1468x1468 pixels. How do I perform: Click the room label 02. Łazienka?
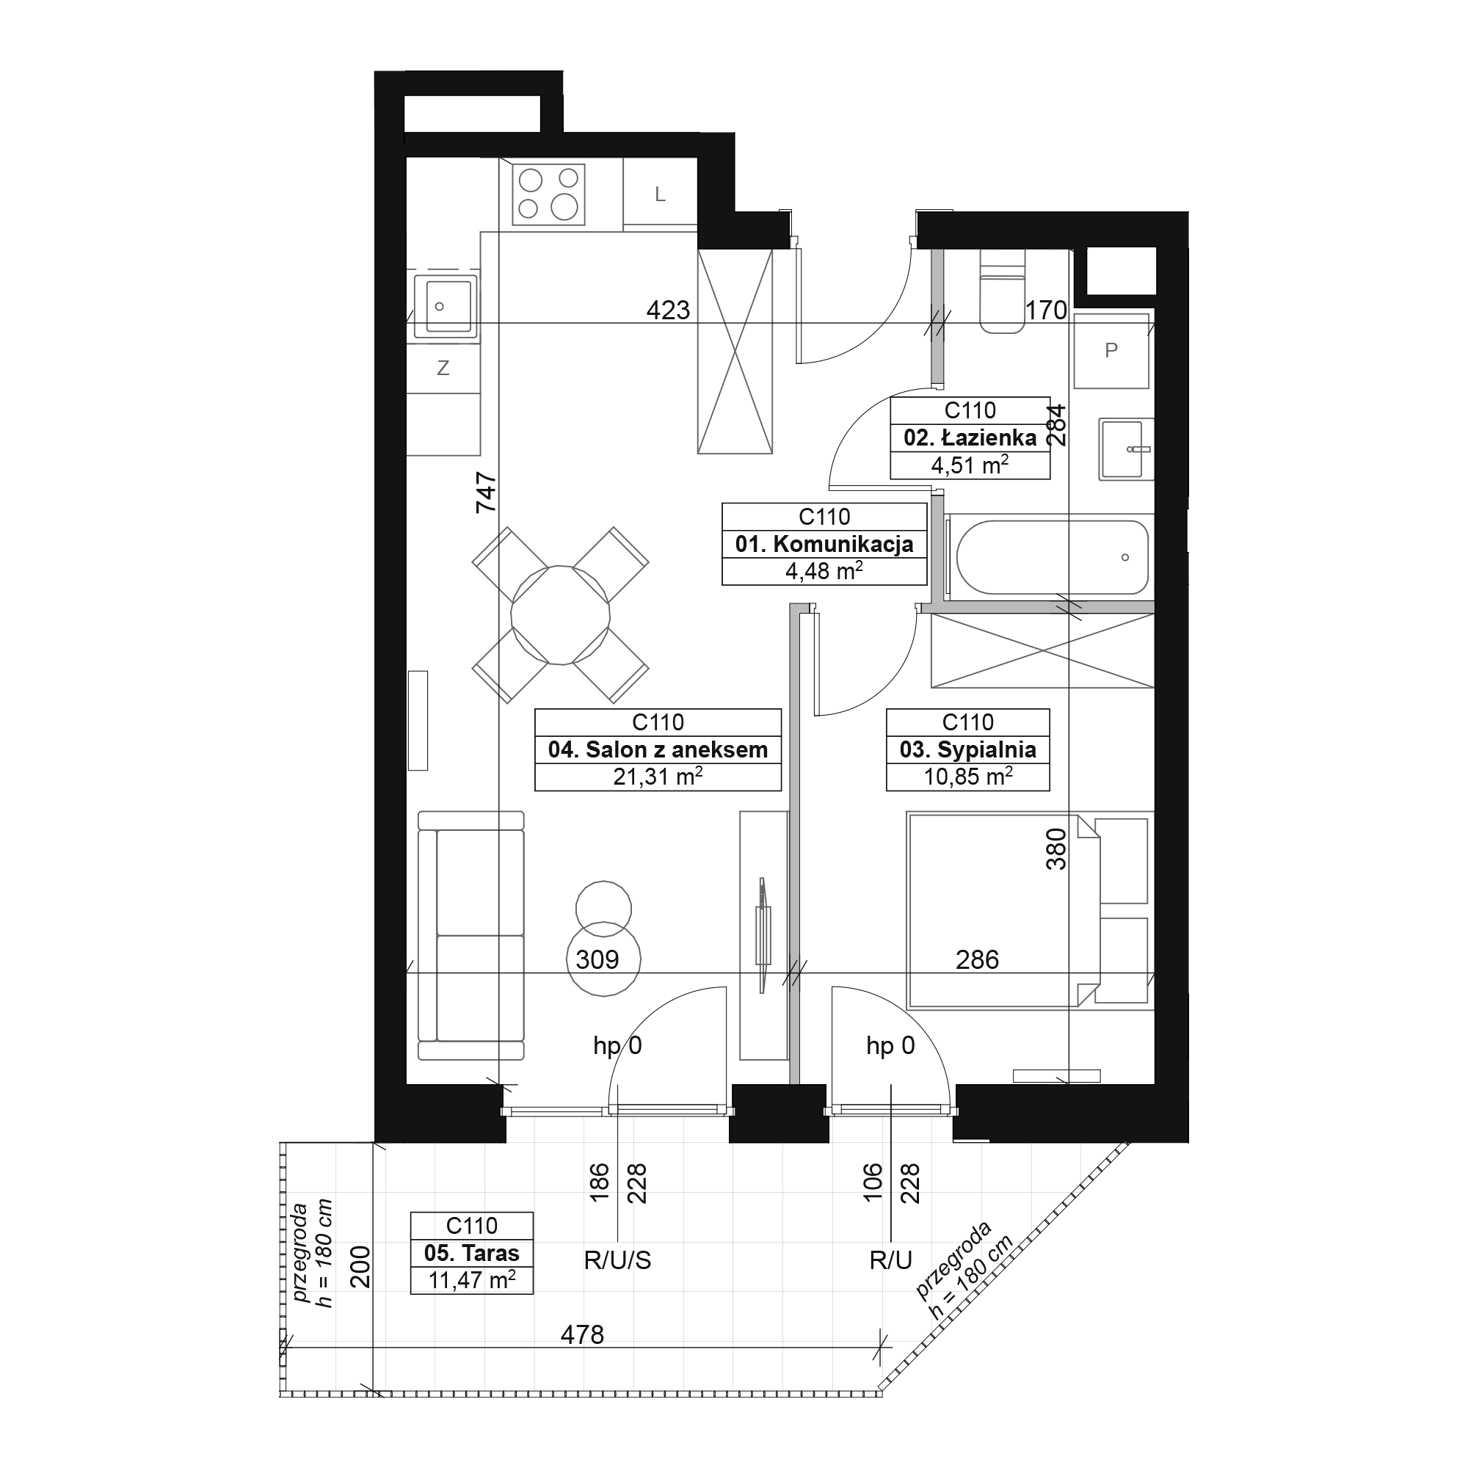pyautogui.click(x=970, y=437)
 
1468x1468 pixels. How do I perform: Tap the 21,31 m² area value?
pyautogui.click(x=657, y=777)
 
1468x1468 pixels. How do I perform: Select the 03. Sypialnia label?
pyautogui.click(x=967, y=750)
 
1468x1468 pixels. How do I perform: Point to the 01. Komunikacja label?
pyautogui.click(x=824, y=544)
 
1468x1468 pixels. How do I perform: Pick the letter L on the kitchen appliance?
pyautogui.click(x=661, y=195)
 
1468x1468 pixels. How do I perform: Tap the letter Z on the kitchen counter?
pyautogui.click(x=443, y=368)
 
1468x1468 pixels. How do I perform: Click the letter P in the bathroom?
pyautogui.click(x=1111, y=350)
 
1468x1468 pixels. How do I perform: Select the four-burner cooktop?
pyautogui.click(x=548, y=195)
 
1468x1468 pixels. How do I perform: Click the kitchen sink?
pyautogui.click(x=446, y=306)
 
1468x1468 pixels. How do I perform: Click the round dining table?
pyautogui.click(x=561, y=614)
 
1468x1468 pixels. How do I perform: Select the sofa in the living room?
pyautogui.click(x=471, y=935)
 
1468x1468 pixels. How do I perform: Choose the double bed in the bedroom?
pyautogui.click(x=1003, y=909)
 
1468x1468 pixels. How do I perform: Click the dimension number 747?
pyautogui.click(x=487, y=492)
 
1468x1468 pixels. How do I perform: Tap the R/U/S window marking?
pyautogui.click(x=618, y=1260)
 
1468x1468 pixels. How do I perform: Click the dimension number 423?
pyautogui.click(x=668, y=310)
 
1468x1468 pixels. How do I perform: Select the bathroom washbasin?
pyautogui.click(x=1126, y=449)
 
